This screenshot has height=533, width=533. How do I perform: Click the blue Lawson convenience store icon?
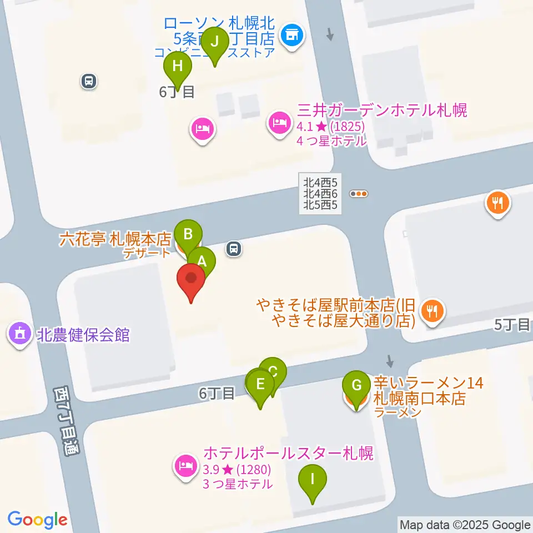(x=293, y=37)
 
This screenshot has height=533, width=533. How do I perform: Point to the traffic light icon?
(x=359, y=194)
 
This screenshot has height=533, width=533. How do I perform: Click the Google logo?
(x=37, y=520)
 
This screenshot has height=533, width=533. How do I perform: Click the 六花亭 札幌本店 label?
(x=115, y=240)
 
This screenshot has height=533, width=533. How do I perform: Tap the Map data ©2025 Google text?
(x=465, y=525)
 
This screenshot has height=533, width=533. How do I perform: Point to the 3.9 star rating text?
(x=237, y=470)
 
